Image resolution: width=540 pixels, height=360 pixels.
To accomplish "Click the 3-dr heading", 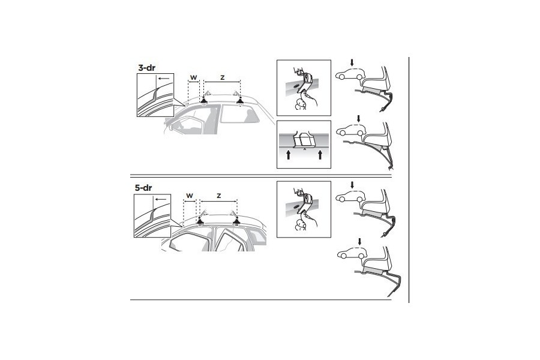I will click(148, 68).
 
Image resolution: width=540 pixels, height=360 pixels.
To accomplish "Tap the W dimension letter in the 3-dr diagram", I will click(193, 77).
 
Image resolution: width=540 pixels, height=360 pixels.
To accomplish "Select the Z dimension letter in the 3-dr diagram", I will click(222, 77).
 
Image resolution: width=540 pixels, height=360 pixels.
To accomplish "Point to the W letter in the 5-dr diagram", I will click(189, 196).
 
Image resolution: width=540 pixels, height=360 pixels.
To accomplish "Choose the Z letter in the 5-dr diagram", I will click(218, 196).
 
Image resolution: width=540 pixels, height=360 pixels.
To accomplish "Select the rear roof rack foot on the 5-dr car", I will click(237, 220).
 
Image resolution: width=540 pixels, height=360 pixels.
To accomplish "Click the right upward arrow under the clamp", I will click(320, 156).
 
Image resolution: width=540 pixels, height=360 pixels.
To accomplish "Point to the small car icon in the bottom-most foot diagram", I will click(352, 255).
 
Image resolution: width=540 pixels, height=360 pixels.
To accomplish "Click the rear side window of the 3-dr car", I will click(237, 115).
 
